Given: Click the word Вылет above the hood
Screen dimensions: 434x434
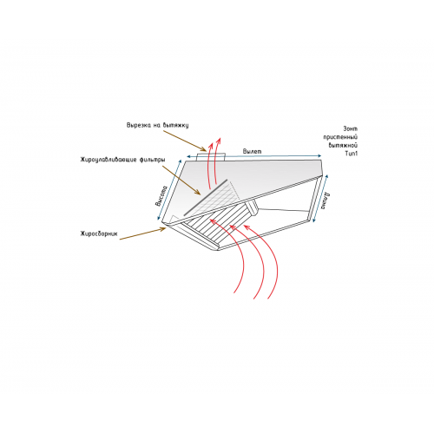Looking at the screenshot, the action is click(252, 151).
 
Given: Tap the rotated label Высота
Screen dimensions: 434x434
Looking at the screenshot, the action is click(161, 196).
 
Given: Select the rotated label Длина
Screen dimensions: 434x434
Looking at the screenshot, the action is click(325, 201).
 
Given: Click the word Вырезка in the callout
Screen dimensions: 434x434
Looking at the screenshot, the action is click(137, 125).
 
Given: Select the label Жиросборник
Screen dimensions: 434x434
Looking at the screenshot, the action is click(99, 233).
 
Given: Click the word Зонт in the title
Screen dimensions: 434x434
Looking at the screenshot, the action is click(351, 128).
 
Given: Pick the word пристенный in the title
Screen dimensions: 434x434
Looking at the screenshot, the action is click(340, 137).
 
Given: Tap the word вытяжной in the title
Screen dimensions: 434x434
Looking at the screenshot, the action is click(343, 145).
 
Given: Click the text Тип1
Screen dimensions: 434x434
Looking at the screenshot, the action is click(352, 154).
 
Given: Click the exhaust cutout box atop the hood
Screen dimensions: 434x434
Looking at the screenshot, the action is click(211, 156).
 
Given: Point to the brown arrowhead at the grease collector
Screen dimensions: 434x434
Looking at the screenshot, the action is click(163, 229).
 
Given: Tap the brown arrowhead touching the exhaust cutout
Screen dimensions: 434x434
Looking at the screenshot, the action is click(203, 149).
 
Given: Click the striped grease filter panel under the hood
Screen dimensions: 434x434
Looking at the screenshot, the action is click(218, 225).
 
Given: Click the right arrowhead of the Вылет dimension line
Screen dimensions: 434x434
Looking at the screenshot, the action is click(319, 156).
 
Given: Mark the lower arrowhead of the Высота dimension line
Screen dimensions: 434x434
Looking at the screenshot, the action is click(159, 218).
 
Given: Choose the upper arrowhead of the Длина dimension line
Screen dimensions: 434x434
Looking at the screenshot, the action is click(327, 176).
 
